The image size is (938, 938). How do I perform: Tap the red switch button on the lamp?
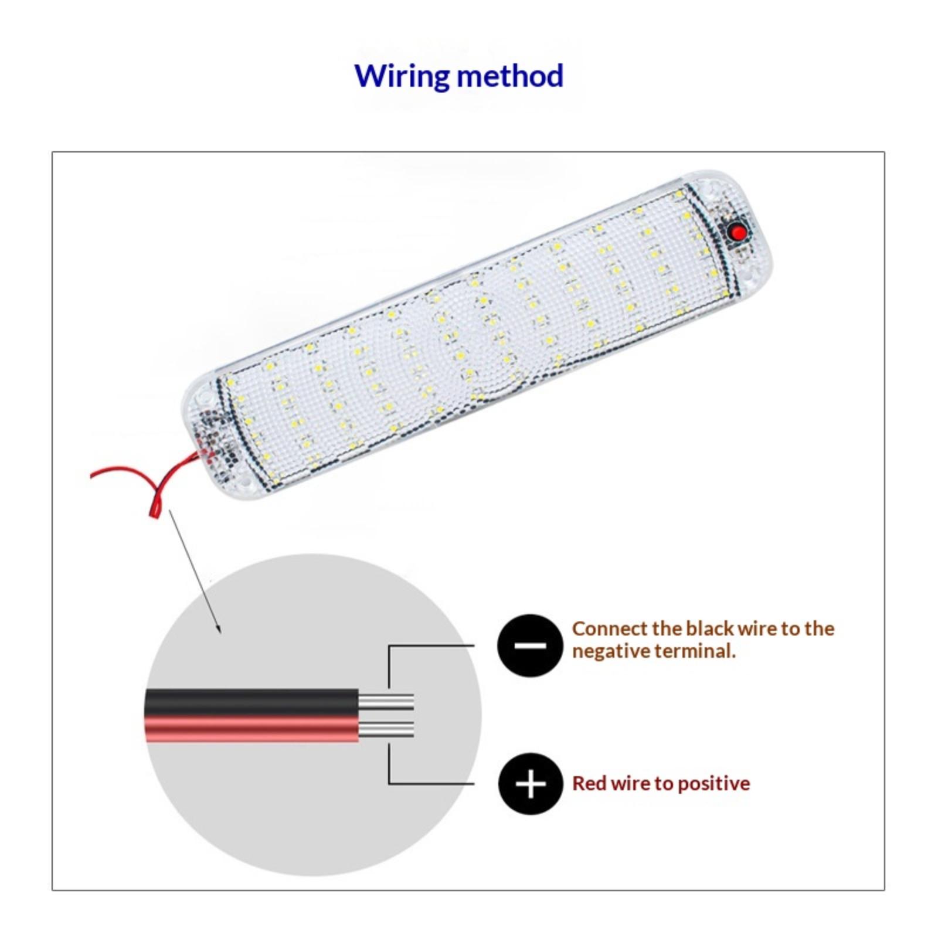click(739, 233)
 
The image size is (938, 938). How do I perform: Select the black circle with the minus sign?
click(529, 645)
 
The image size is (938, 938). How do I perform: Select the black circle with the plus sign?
click(531, 784)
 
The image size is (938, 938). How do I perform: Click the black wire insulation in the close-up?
click(252, 702)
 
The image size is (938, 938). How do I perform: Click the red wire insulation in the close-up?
click(252, 729)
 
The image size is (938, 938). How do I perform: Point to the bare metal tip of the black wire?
click(386, 701)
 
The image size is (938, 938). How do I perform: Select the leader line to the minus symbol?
click(431, 645)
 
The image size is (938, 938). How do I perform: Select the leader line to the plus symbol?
click(431, 783)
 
